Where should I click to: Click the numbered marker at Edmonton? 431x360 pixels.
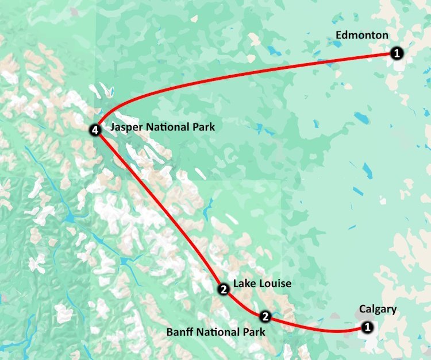coord(397,53)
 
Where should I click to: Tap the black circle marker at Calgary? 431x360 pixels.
coord(367,327)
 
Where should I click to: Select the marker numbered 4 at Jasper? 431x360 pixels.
coord(96,131)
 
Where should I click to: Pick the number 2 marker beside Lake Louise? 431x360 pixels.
coord(223,291)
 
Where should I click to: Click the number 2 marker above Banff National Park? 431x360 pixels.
coord(265,316)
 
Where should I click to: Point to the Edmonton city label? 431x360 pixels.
coord(361,36)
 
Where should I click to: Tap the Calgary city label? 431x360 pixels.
coord(378,309)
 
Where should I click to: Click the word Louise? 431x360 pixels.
coord(275,284)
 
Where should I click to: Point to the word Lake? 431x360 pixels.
coord(244,284)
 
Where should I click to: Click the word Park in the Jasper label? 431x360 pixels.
coord(203,127)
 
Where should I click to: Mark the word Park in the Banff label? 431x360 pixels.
coord(253,332)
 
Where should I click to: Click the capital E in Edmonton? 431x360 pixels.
coord(339,36)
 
